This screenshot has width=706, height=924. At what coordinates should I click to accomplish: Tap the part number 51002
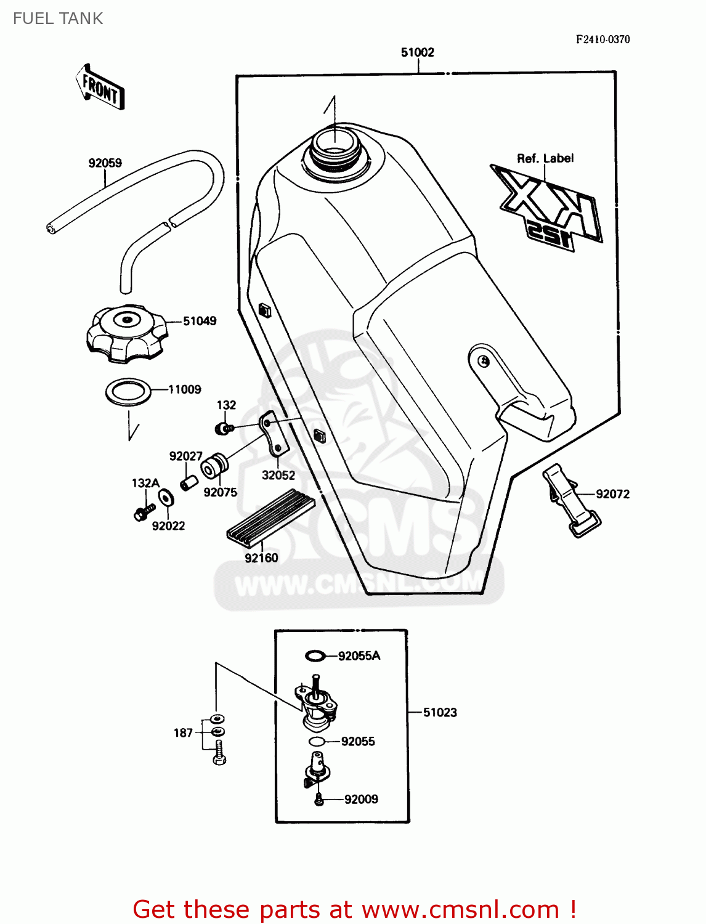(x=417, y=52)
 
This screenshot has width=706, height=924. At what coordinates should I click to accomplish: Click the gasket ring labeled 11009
(x=128, y=392)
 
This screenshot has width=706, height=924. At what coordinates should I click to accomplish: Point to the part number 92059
(x=105, y=163)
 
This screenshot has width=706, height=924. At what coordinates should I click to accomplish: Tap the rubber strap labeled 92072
(x=570, y=500)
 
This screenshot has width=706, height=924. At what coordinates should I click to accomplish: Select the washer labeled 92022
(x=166, y=497)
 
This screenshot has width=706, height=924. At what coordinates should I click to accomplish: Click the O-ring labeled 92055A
(x=315, y=655)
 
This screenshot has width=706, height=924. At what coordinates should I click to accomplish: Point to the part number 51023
(x=440, y=713)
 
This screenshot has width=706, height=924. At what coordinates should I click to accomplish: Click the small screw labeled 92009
(x=319, y=799)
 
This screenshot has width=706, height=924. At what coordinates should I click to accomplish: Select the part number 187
(x=183, y=733)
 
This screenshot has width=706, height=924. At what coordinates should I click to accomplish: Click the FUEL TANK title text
(x=58, y=18)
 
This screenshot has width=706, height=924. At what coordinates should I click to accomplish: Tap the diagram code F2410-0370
(x=603, y=39)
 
